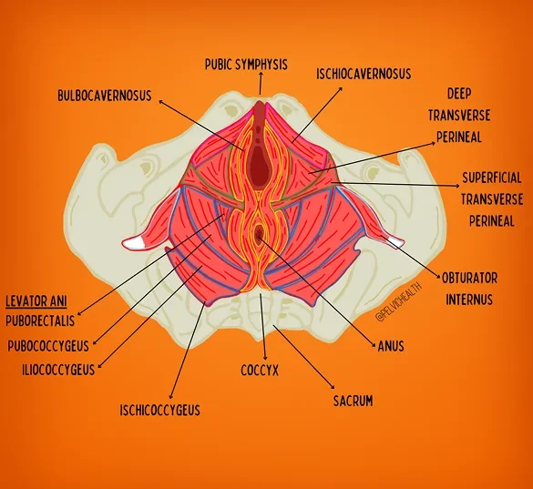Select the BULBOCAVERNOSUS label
104,95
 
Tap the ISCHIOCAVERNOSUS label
363,74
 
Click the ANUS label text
390,346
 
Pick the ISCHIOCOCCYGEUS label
160,410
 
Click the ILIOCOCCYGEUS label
55,370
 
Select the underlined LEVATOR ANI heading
36,301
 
